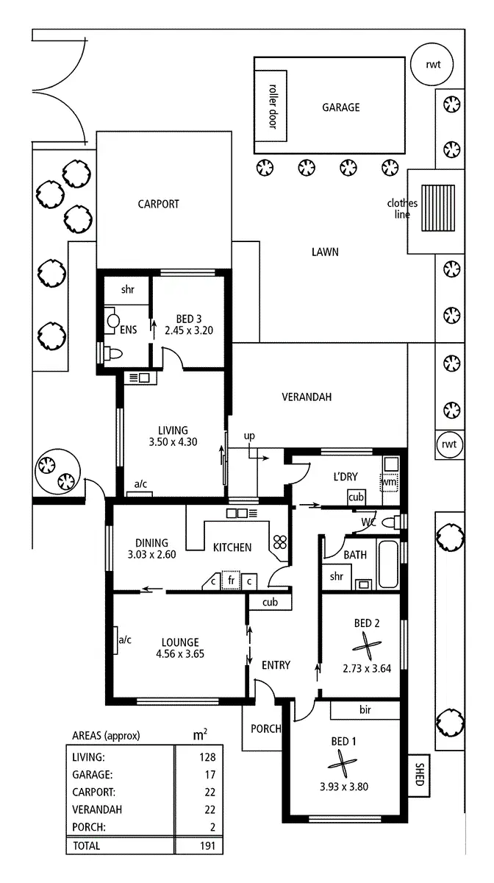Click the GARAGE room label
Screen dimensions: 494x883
coord(341,107)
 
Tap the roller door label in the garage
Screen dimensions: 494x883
coord(272,104)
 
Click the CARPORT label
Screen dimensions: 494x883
coord(159,205)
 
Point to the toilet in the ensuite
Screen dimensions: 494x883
coord(114,353)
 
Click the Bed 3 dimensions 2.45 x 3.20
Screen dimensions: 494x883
coord(189,330)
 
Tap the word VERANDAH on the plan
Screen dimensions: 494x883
coord(307,397)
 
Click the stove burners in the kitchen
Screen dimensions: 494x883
coord(279,542)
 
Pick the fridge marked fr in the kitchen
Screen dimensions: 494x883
coord(231,581)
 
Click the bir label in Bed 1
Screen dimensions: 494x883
coord(365,710)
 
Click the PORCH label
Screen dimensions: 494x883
coord(265,729)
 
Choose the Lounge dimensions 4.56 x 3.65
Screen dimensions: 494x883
coord(177,654)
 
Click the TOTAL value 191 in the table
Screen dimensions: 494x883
coord(208,847)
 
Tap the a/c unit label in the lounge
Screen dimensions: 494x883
coord(125,639)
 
